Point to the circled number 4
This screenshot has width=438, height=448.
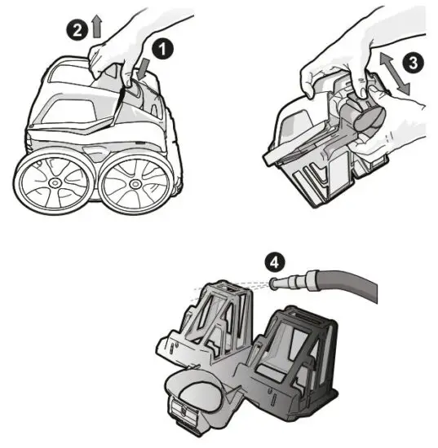click(275, 262)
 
